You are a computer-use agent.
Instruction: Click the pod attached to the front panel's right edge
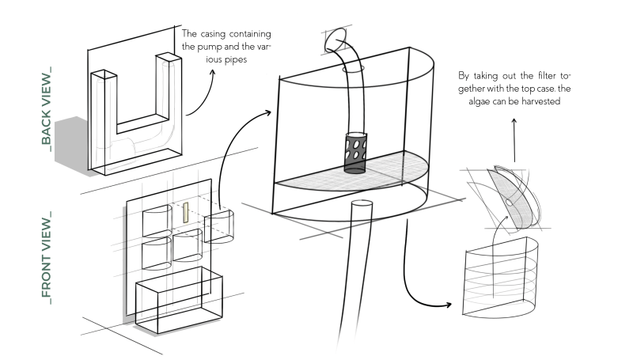tap(219, 228)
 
